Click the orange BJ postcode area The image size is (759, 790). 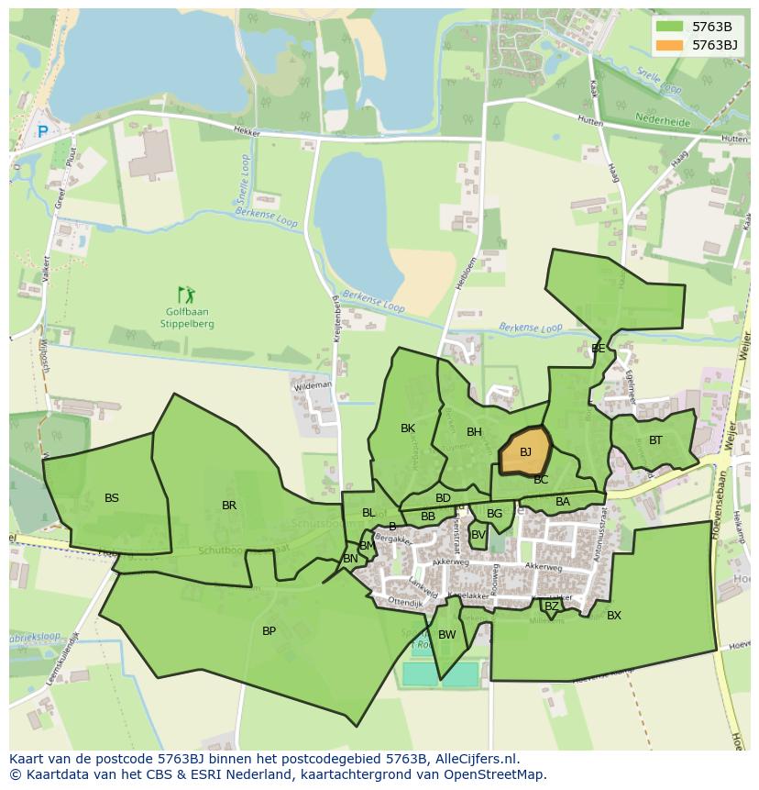(524, 451)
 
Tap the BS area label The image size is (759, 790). (112, 498)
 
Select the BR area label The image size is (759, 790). (229, 506)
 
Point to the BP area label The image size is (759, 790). (269, 631)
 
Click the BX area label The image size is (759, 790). (614, 616)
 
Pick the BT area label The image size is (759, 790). (655, 440)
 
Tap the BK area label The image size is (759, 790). (408, 428)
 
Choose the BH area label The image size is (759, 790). (474, 432)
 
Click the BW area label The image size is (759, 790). (447, 635)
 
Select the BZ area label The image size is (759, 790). (551, 606)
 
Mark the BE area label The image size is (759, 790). (598, 349)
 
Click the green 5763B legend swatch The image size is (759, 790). (669, 27)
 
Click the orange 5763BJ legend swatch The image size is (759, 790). (669, 45)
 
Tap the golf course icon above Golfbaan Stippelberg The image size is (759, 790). (187, 295)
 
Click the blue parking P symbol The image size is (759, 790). (42, 132)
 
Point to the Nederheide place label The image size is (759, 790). (662, 118)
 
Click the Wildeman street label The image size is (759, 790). (313, 387)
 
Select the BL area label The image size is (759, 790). (368, 513)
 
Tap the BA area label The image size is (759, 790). (563, 502)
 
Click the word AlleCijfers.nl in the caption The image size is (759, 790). (475, 759)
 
